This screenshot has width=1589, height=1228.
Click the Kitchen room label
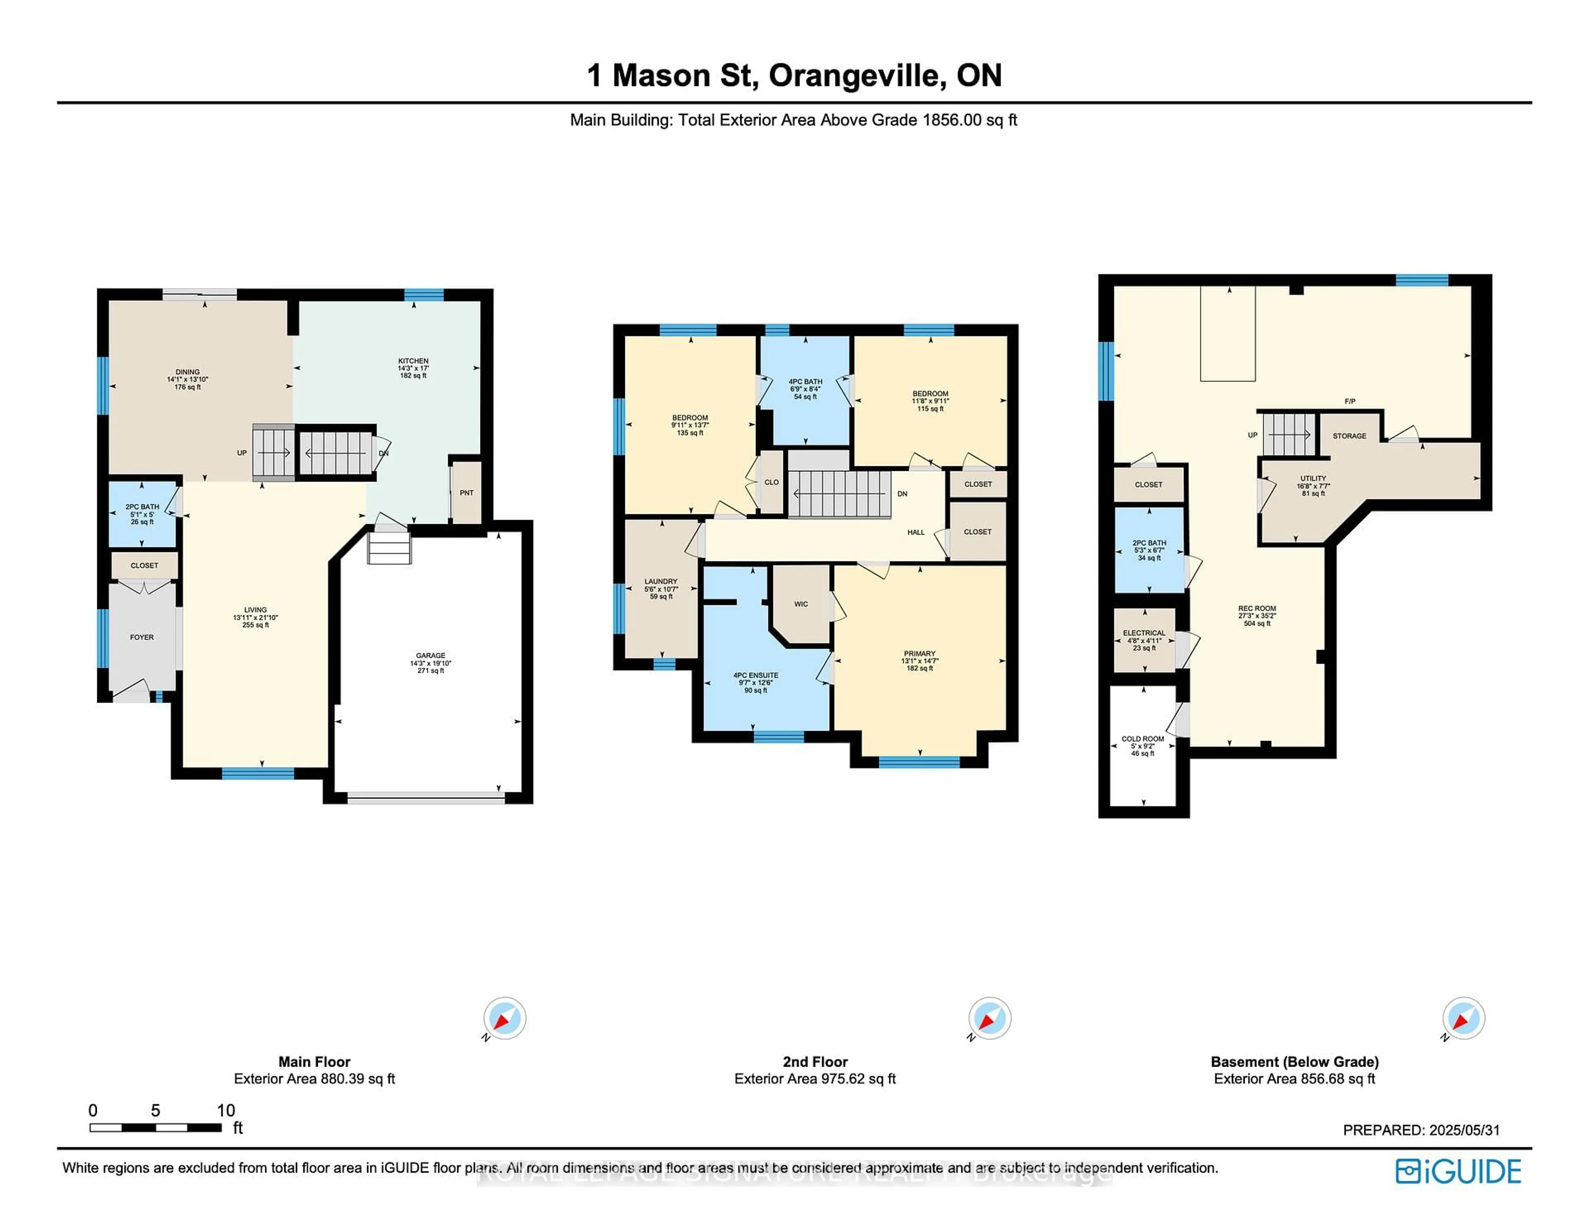point(413,367)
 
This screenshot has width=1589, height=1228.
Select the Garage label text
point(431,662)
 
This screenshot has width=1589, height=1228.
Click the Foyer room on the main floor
point(142,637)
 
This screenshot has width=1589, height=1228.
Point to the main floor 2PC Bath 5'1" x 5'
point(142,513)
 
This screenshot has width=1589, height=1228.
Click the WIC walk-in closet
point(801,604)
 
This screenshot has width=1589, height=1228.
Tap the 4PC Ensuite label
point(756,682)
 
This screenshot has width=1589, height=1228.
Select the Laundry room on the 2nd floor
point(660,588)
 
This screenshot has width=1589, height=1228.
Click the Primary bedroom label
point(919,660)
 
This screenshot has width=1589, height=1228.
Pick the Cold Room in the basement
point(1143,746)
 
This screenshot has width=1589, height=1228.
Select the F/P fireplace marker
point(1350,401)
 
